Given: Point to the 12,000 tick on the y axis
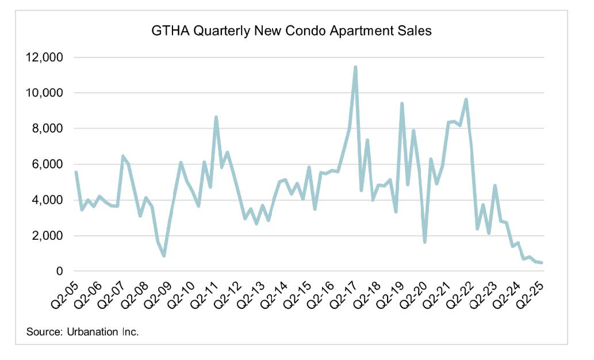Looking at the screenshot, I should (x=44, y=58).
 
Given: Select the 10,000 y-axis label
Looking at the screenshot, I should (x=44, y=93).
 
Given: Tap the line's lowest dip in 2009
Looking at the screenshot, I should (x=164, y=256).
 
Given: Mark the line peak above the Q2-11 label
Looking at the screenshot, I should (x=216, y=117).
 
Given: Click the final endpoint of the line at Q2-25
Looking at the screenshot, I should (x=542, y=263).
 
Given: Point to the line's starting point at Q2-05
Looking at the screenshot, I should (x=76, y=172).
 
